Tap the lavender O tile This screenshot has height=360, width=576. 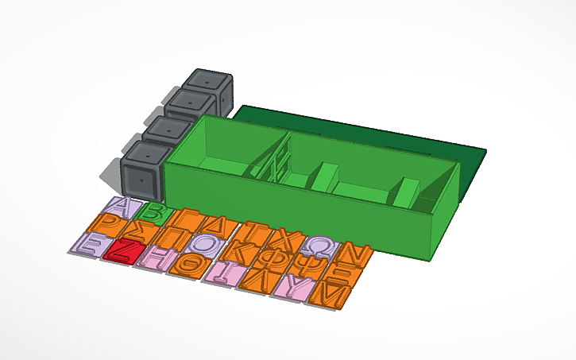[202, 243]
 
